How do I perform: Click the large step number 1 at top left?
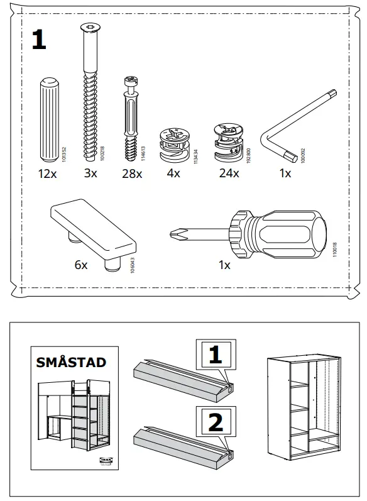click(x=39, y=41)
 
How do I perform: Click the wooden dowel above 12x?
click(x=48, y=119)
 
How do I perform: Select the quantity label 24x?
click(x=228, y=173)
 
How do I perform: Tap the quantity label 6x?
click(x=80, y=265)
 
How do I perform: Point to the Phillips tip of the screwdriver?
click(x=175, y=235)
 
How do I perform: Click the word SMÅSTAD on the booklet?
click(x=71, y=363)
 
